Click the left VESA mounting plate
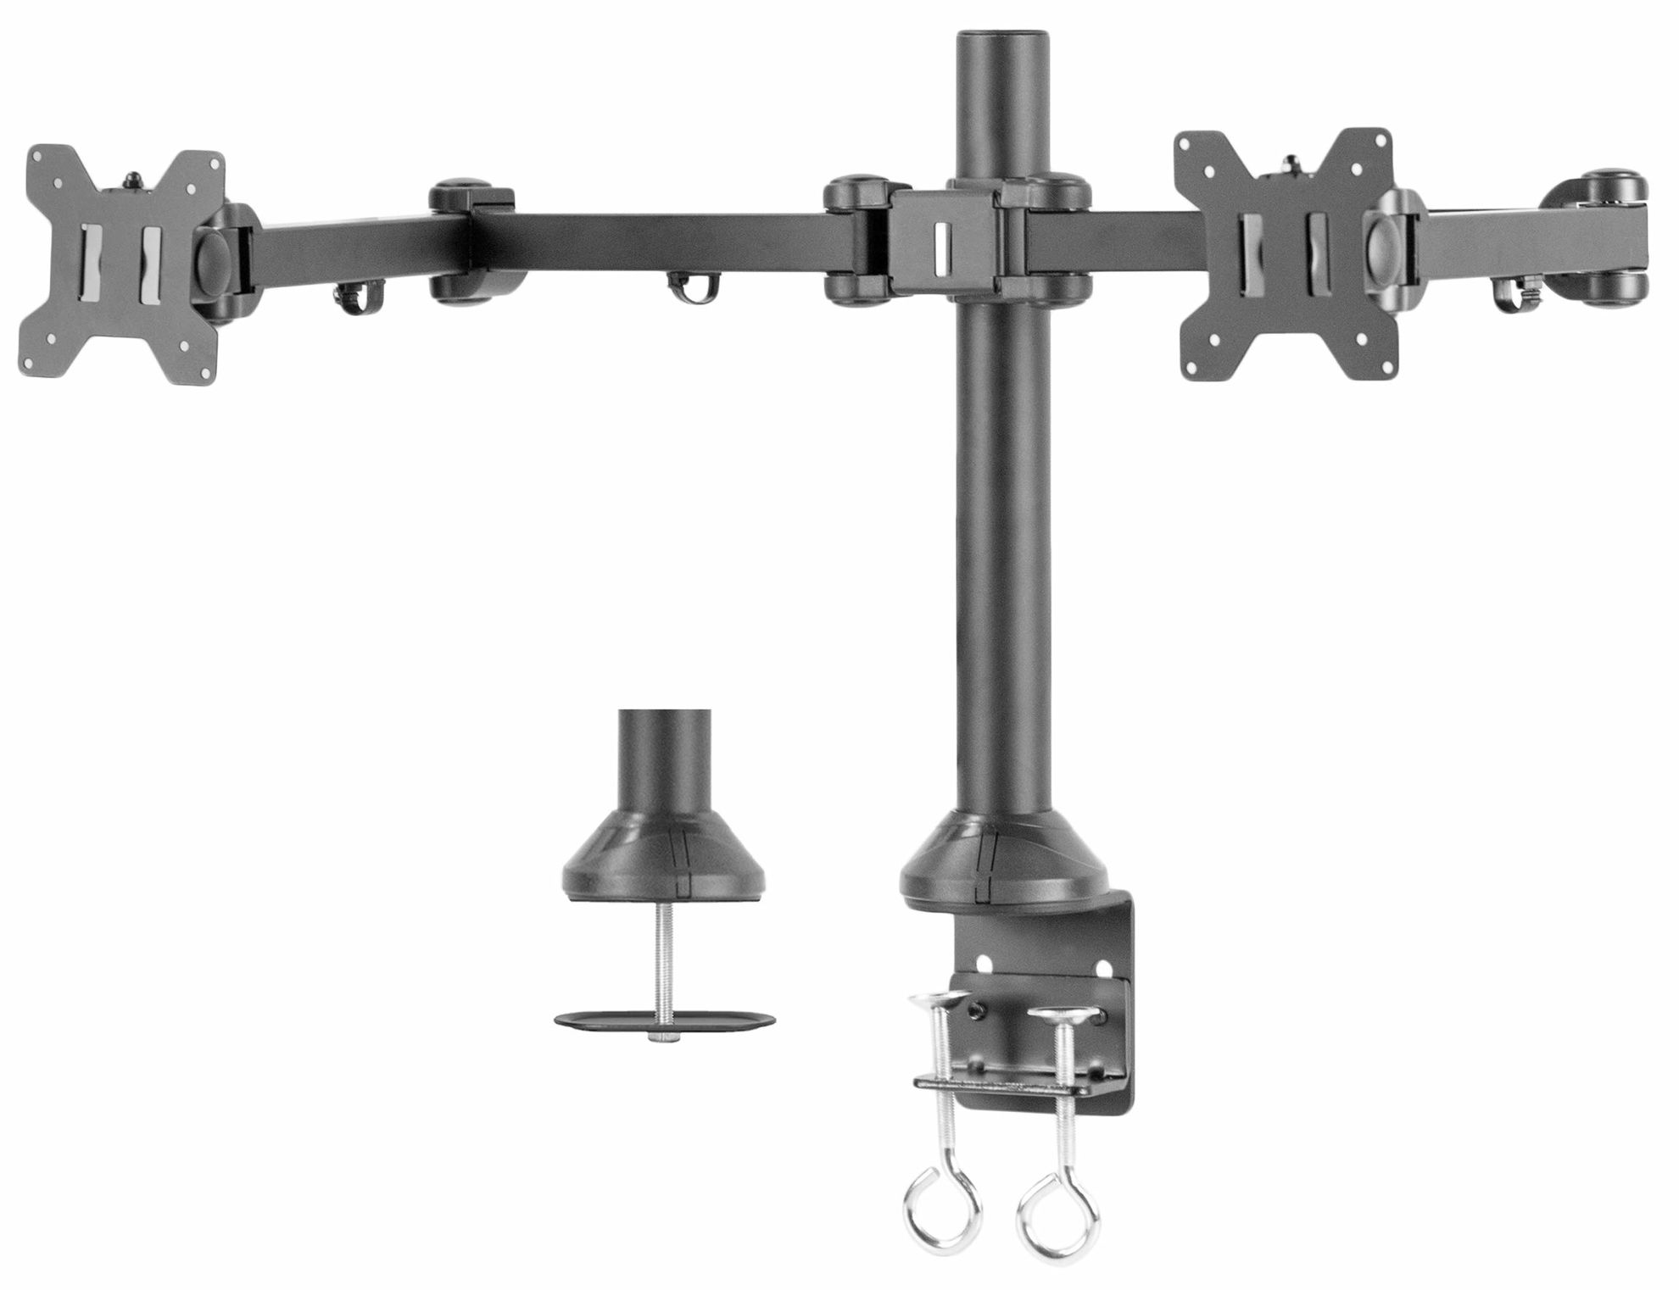(x=119, y=263)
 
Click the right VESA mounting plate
(x=1280, y=254)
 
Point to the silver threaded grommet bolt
(x=661, y=966)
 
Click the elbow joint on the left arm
(x=471, y=242)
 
